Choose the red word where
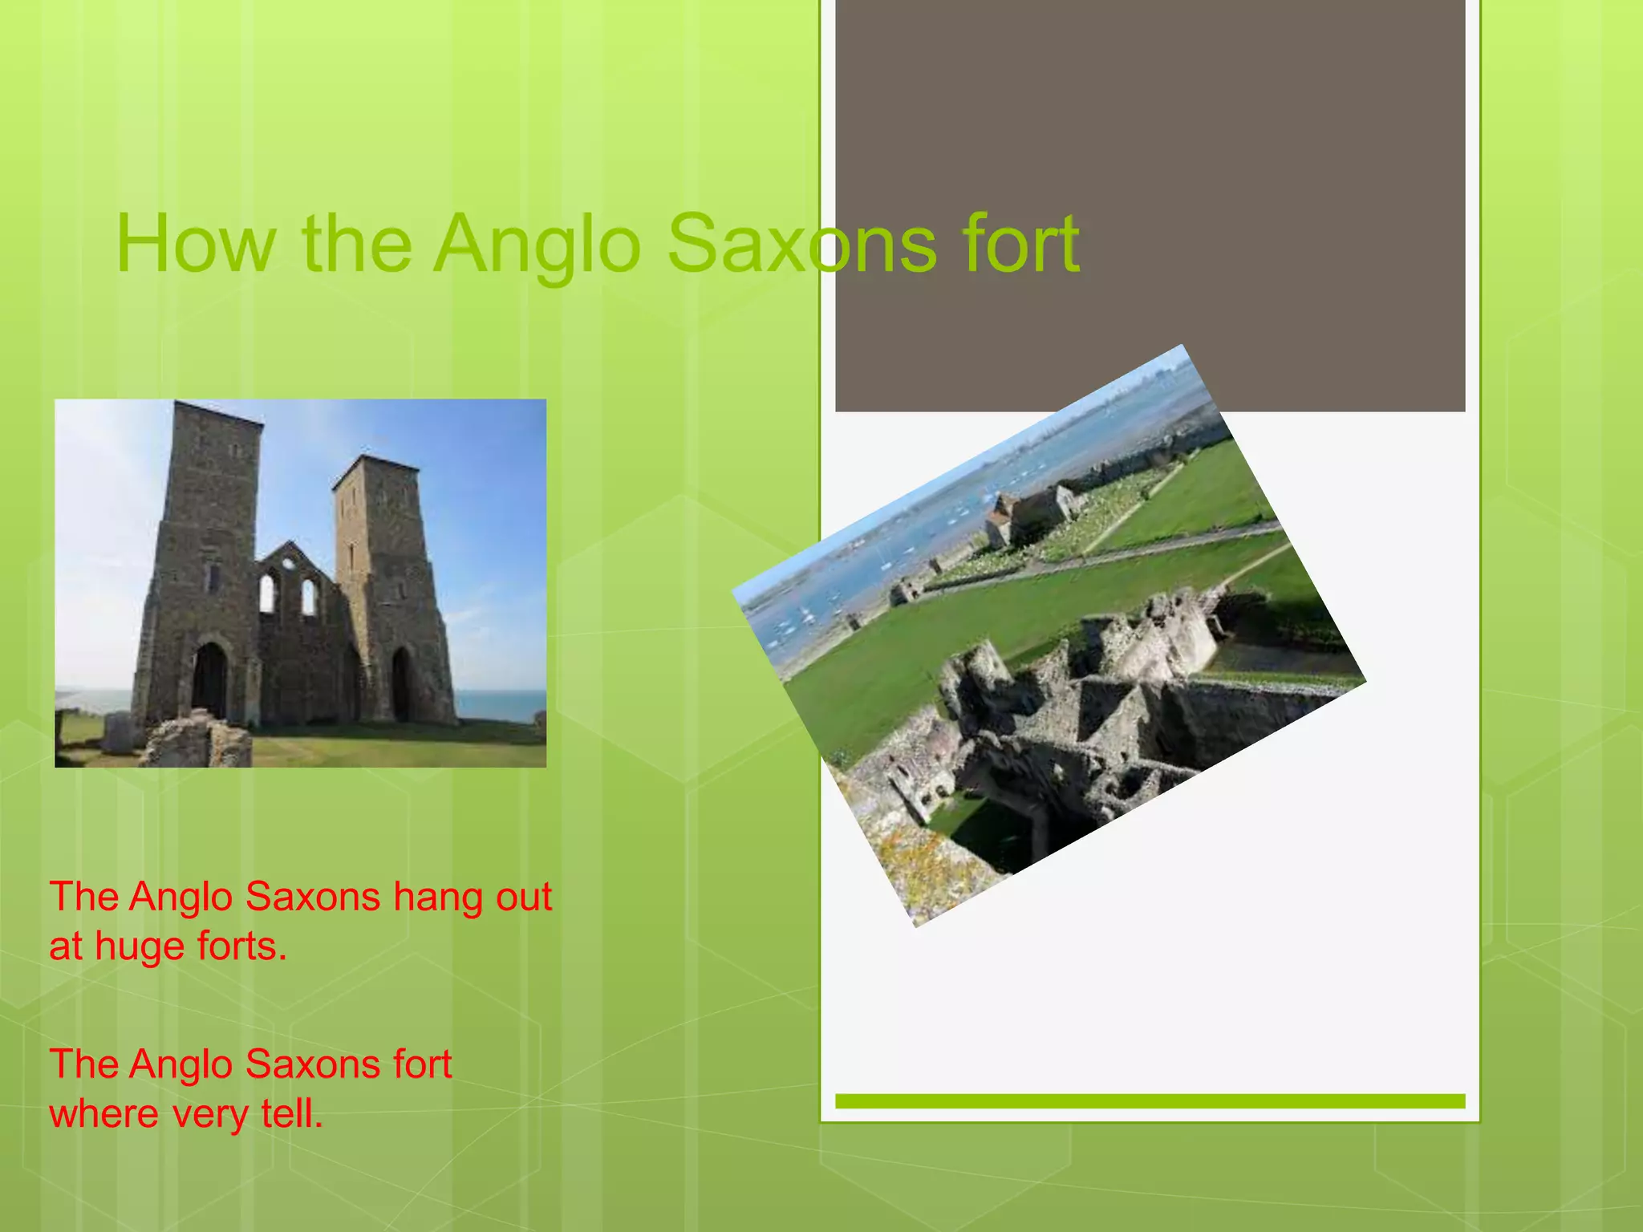(x=103, y=1114)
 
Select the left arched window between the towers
(x=267, y=593)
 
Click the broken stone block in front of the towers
(x=196, y=743)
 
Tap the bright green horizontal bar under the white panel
(x=1150, y=1101)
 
